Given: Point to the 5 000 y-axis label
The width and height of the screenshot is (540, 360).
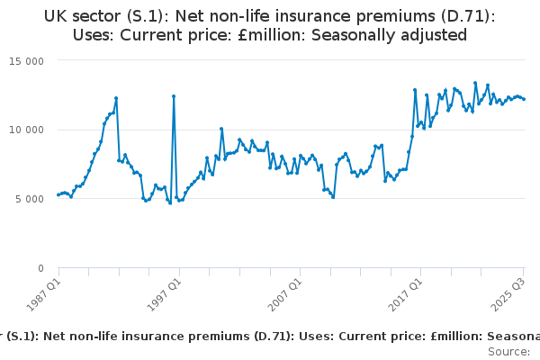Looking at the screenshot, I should tap(36, 199).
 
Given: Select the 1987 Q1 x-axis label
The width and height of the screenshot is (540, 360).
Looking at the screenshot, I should tap(44, 293).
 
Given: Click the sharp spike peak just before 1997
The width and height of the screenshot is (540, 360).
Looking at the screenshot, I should tap(174, 96).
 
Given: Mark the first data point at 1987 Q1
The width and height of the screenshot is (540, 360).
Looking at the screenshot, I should tap(58, 194).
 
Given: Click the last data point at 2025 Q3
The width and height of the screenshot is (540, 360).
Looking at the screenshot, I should tap(524, 99).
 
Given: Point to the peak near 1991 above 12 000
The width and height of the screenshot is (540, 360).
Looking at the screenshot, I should tap(116, 97).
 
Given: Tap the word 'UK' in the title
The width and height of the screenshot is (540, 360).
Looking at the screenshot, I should tap(56, 15).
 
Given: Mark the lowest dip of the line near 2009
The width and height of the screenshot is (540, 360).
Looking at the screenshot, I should tap(333, 197).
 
